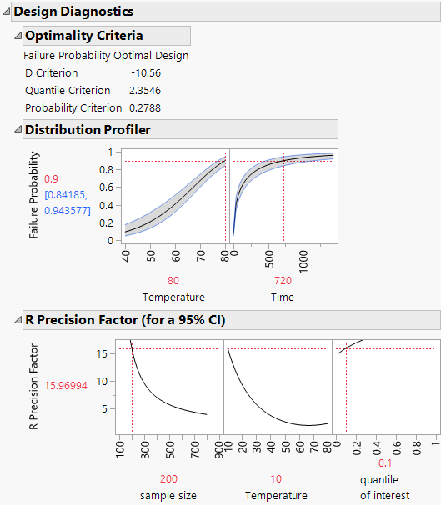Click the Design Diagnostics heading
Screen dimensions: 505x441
point(73,12)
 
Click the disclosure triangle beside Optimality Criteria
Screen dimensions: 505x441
point(18,36)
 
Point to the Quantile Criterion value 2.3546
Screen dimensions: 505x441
point(145,90)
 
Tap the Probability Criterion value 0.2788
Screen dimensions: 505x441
point(145,107)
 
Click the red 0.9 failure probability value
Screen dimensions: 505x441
point(51,179)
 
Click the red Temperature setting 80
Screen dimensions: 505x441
point(173,281)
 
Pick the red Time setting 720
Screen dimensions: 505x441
point(283,281)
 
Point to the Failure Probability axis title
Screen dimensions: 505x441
point(34,195)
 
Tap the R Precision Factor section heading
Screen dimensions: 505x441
point(125,320)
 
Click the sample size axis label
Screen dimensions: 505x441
point(168,495)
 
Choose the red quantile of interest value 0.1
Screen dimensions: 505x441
point(385,463)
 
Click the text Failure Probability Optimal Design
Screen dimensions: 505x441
point(107,56)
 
